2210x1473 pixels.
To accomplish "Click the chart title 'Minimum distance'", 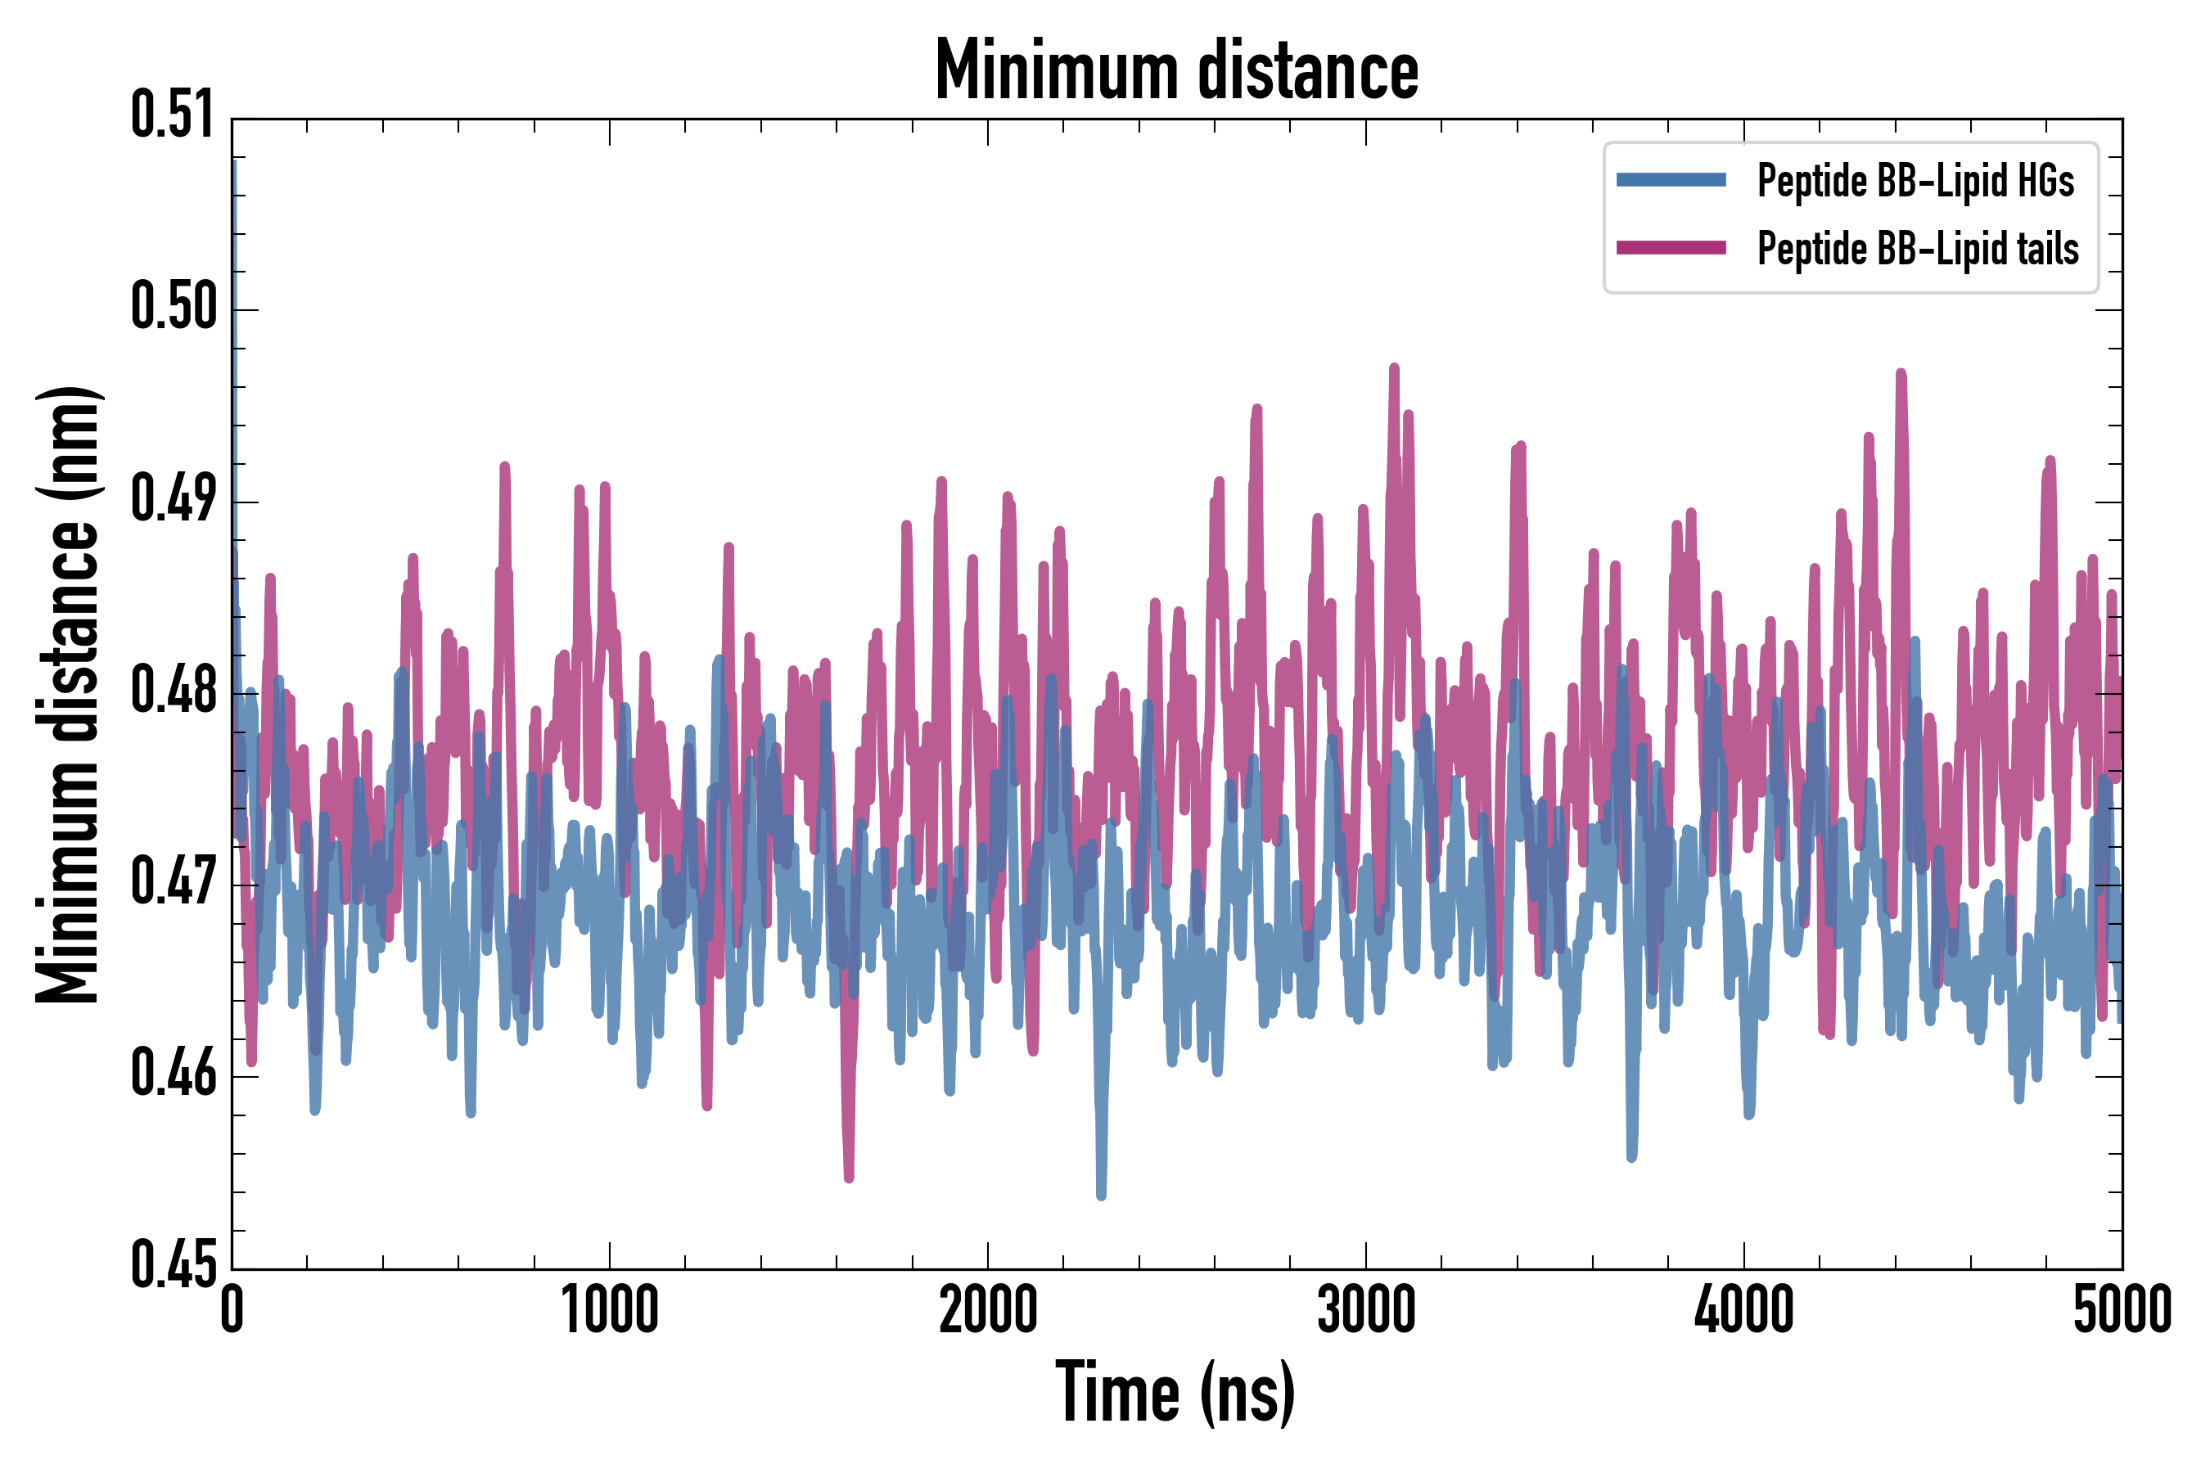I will [1176, 71].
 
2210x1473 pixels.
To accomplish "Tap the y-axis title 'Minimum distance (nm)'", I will [68, 695].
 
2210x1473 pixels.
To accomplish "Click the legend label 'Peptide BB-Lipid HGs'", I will [1915, 180].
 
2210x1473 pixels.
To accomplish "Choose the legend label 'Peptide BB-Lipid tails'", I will [1918, 249].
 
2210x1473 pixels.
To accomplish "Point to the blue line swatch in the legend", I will [1671, 180].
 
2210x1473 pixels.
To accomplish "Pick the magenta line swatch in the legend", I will [1671, 248].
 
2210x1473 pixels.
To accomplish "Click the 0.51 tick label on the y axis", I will [174, 116].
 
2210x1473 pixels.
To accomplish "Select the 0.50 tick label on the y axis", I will [174, 309].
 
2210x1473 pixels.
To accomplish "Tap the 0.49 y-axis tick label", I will [174, 500].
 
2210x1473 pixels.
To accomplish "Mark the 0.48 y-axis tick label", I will [174, 691].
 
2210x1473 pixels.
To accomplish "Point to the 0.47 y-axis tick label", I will [174, 883].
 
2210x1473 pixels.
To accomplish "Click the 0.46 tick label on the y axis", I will [174, 1074].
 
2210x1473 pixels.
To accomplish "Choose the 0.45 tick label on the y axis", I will [174, 1266].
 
